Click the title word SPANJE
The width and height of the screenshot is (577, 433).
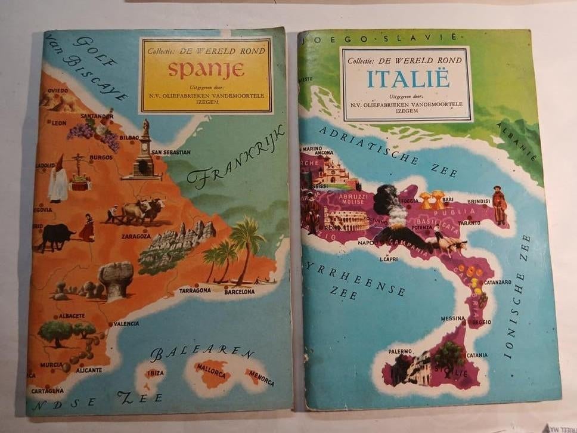point(206,70)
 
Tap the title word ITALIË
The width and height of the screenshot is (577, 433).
point(408,78)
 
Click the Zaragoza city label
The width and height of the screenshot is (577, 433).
point(135,236)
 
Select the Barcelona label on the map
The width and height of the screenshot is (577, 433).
point(239,292)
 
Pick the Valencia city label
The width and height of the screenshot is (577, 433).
point(126,323)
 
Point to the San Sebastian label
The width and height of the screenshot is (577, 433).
point(171,152)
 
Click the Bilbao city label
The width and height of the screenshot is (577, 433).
point(129,137)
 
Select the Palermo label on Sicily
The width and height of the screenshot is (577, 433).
point(401,351)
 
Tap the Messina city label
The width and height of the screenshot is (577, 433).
point(452,318)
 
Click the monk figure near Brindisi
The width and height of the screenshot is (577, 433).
point(499,206)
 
